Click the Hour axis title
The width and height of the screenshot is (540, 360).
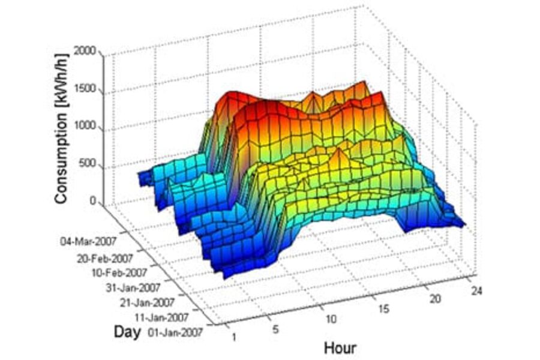click(x=340, y=348)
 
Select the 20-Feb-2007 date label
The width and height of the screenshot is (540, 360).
click(x=105, y=259)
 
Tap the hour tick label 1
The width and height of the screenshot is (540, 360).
click(x=233, y=337)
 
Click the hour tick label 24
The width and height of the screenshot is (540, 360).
click(x=476, y=291)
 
